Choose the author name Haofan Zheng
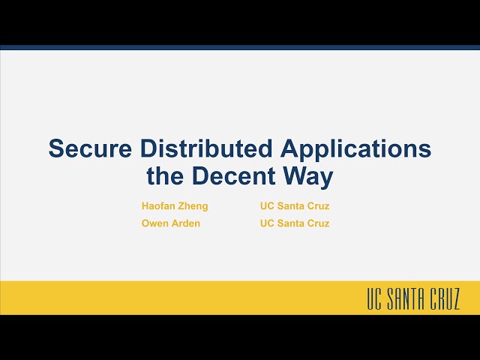(175, 205)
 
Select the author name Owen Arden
(171, 223)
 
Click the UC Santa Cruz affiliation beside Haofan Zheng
(295, 205)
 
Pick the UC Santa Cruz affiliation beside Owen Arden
(295, 223)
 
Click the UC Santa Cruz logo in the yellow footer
(413, 298)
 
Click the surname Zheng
(193, 205)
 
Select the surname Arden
(185, 223)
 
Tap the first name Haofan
(157, 205)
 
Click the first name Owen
(154, 223)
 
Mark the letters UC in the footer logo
(374, 298)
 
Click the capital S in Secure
(56, 148)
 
